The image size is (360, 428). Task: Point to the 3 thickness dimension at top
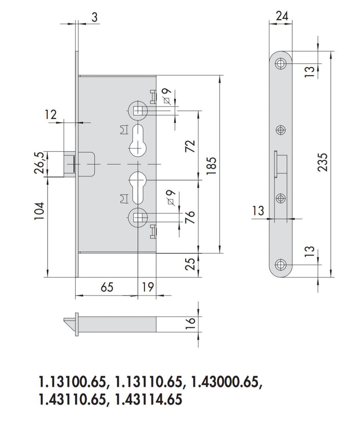pos(94,17)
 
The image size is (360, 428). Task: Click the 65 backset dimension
pos(106,288)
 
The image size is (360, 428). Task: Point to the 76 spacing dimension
pos(190,217)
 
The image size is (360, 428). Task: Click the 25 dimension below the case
pos(190,264)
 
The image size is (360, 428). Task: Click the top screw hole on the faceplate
pos(280,64)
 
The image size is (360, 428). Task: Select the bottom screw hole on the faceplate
pos(280,264)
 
